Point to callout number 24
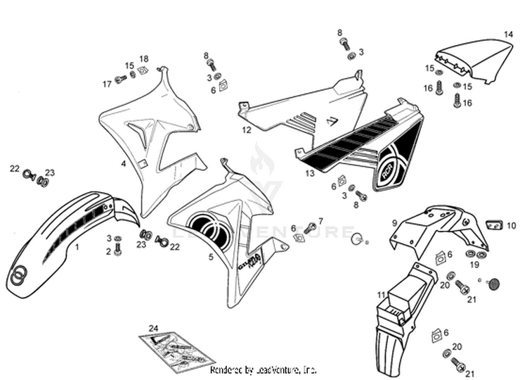pos(154,329)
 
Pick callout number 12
pos(247,130)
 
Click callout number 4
pos(123,163)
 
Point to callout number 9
pos(394,223)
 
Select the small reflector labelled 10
pos(494,225)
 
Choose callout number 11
pos(381,295)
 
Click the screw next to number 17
pos(119,80)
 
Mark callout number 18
pos(143,58)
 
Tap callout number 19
pos(476,265)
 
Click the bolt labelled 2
pos(117,249)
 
